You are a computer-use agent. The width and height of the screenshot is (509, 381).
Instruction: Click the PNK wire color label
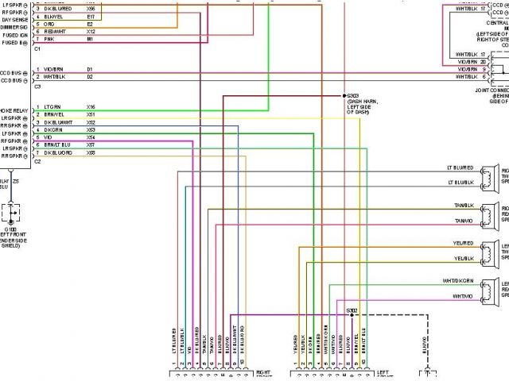pyautogui.click(x=49, y=38)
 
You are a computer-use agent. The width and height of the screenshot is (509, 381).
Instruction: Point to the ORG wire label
pyautogui.click(x=49, y=24)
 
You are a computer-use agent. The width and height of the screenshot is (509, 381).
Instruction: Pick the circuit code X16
pyautogui.click(x=91, y=106)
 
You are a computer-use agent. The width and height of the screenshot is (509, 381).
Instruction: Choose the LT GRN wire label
pyautogui.click(x=52, y=106)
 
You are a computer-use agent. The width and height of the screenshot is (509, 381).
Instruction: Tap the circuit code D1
pyautogui.click(x=90, y=69)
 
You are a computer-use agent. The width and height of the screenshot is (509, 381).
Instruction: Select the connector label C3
pyautogui.click(x=38, y=86)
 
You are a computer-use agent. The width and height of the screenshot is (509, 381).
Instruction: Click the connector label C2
pyautogui.click(x=38, y=161)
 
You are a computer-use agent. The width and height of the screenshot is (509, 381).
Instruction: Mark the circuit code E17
pyautogui.click(x=91, y=16)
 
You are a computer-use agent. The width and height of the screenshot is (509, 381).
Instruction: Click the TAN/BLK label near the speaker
pyautogui.click(x=464, y=206)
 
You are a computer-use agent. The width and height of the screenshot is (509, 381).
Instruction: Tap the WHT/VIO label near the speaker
pyautogui.click(x=463, y=296)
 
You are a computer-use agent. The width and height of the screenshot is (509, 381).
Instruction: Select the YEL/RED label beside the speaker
pyautogui.click(x=464, y=243)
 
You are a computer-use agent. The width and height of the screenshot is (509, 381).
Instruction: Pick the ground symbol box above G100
pyautogui.click(x=14, y=214)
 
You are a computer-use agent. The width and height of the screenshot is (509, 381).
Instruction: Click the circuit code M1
pyautogui.click(x=90, y=38)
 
